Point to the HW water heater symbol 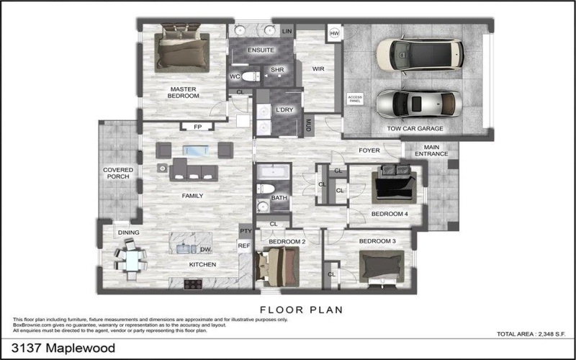(x=334, y=33)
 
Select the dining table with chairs (x=132, y=259)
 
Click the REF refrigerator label (x=243, y=246)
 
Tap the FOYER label (x=369, y=150)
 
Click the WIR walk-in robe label (x=318, y=69)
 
